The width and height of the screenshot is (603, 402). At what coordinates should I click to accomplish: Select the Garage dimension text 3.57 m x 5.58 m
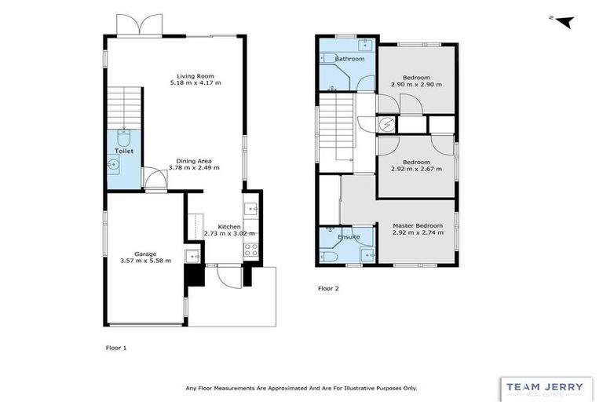pyautogui.click(x=145, y=261)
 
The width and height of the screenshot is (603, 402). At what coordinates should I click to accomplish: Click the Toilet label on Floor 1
pyautogui.click(x=124, y=150)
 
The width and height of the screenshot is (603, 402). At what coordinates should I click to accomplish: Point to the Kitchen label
pyautogui.click(x=228, y=226)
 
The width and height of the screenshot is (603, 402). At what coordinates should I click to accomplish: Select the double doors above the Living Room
pyautogui.click(x=139, y=25)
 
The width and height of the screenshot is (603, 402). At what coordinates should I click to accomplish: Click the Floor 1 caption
pyautogui.click(x=115, y=346)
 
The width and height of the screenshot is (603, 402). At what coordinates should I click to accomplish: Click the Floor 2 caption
pyautogui.click(x=328, y=288)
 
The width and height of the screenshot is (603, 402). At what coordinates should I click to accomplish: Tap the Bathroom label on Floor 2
pyautogui.click(x=349, y=59)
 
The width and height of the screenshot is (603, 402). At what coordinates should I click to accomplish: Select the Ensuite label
pyautogui.click(x=349, y=236)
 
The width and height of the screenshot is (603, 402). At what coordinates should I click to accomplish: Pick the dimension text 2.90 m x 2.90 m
pyautogui.click(x=416, y=84)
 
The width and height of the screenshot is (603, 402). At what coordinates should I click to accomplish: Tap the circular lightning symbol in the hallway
pyautogui.click(x=387, y=124)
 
